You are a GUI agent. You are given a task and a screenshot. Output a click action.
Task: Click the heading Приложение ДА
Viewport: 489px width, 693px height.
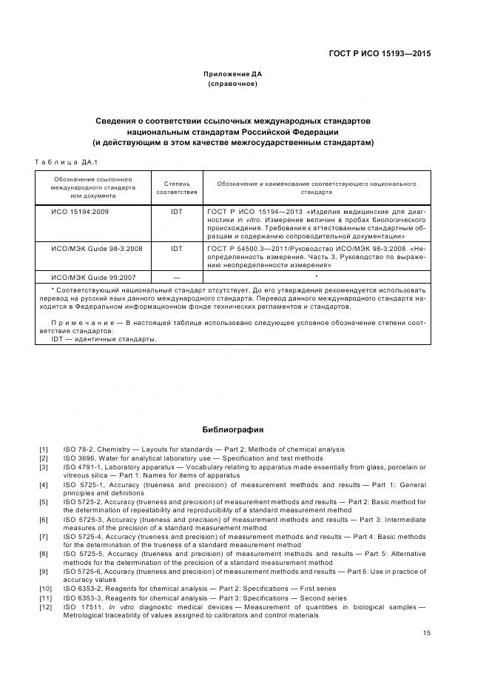[x=233, y=74]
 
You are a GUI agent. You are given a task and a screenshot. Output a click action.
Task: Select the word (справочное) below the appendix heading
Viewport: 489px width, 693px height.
[x=233, y=84]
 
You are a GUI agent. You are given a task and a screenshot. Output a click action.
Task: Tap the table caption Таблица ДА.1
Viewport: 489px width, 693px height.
[x=67, y=162]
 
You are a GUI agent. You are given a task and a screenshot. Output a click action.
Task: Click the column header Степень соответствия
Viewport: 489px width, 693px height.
[x=176, y=187]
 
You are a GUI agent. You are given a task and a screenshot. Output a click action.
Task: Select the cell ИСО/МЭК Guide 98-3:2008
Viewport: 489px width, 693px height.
[x=92, y=249]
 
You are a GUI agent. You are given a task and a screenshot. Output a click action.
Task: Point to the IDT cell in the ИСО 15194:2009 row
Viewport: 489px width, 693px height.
[x=176, y=212]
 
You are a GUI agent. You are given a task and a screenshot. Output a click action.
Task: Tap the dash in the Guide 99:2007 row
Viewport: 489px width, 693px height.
[x=176, y=276]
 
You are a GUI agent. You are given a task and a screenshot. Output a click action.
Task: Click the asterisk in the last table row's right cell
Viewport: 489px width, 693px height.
[x=316, y=275]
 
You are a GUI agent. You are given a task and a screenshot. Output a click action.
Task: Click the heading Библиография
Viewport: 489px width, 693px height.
[x=233, y=429]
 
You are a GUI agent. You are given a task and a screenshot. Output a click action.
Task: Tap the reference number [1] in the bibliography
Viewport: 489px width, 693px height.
[x=44, y=449]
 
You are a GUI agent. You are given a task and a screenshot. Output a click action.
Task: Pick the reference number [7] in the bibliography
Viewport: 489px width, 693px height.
[x=44, y=536]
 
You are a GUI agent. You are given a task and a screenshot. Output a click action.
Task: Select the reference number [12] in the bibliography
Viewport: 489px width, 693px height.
[x=45, y=607]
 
